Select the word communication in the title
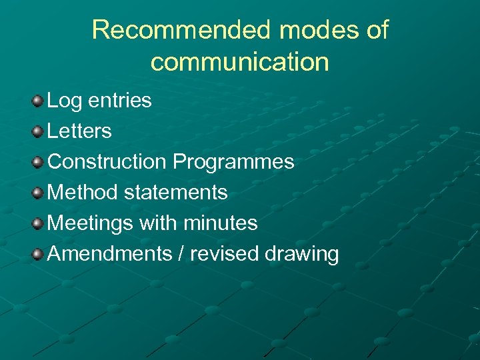240,62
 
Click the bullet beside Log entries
37,101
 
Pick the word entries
120,101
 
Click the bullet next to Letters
37,131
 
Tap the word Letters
79,131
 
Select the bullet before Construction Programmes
37,162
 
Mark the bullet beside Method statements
37,193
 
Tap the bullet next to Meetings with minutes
37,223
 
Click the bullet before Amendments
37,254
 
